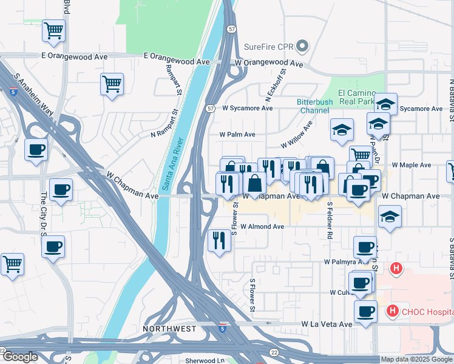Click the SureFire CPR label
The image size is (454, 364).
click(x=269, y=47)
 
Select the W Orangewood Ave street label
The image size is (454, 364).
click(x=269, y=63)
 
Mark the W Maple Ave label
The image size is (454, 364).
click(x=411, y=164)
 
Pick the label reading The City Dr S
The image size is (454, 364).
click(x=44, y=212)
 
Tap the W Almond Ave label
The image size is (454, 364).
click(x=262, y=226)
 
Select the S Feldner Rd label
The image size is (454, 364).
click(x=330, y=220)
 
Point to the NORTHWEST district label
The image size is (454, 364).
click(x=169, y=329)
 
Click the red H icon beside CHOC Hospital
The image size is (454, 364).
click(x=392, y=312)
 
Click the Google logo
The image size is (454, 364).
click(x=20, y=357)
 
